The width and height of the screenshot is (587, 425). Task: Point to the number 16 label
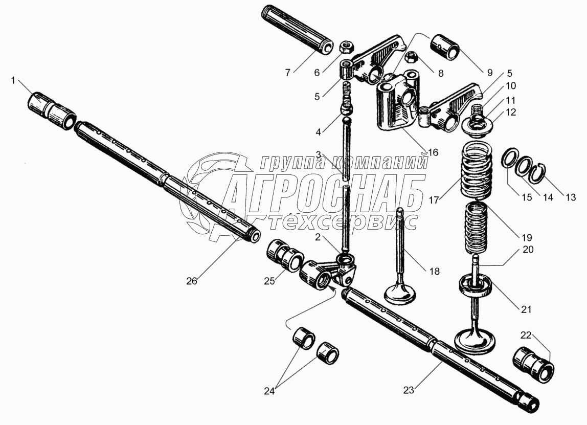[x=433, y=152]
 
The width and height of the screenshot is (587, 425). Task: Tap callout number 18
[x=435, y=272]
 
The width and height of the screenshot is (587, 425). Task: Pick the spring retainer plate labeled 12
[x=480, y=125]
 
